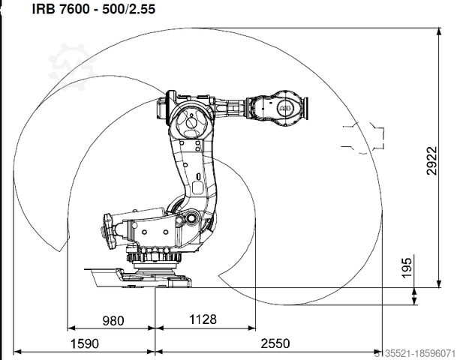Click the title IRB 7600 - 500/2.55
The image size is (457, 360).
tap(94, 9)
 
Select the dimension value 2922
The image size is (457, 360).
tap(431, 160)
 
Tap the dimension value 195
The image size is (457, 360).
tap(407, 268)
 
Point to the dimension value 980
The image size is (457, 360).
tap(113, 321)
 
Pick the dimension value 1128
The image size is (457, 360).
tap(203, 319)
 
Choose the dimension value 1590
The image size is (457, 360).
tap(85, 343)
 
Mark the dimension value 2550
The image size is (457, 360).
tap(275, 343)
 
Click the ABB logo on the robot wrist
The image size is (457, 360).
tap(285, 109)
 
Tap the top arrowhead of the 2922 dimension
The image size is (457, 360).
tap(439, 31)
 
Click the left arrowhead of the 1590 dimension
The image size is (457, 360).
tap(17, 352)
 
